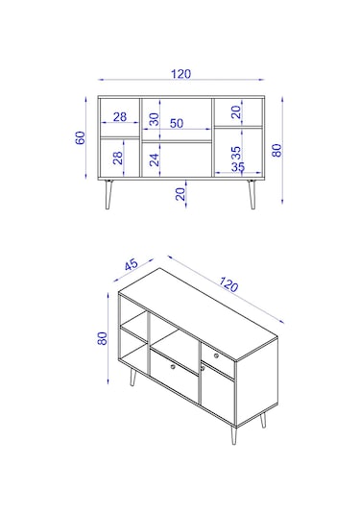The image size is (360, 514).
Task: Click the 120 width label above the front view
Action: (x=180, y=74)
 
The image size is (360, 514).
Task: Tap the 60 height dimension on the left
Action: (x=81, y=137)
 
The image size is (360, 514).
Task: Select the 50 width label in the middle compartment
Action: (x=177, y=123)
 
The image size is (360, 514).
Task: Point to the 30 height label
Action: (x=154, y=119)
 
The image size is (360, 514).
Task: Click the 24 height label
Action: (x=154, y=159)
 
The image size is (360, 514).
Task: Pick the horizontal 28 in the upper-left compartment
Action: (x=120, y=116)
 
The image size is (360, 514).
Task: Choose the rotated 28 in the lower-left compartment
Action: (x=117, y=158)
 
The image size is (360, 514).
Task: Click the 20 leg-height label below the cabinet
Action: (x=180, y=194)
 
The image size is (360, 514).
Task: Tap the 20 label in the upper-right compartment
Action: (x=235, y=112)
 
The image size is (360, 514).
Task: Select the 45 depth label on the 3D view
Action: (x=131, y=264)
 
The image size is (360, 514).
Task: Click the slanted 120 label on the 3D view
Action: (x=228, y=283)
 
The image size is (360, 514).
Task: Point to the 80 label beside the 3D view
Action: (x=102, y=338)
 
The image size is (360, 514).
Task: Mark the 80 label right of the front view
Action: (x=276, y=150)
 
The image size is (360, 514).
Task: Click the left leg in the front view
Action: (x=108, y=194)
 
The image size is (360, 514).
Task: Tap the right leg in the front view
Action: (x=252, y=194)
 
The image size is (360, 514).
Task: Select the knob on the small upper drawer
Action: (x=216, y=355)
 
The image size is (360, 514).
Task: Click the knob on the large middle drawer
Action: (x=173, y=366)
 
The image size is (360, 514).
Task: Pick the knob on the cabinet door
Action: (x=203, y=369)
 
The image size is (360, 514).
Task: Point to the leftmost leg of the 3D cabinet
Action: (x=132, y=377)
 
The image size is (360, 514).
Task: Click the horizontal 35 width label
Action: (x=238, y=167)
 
